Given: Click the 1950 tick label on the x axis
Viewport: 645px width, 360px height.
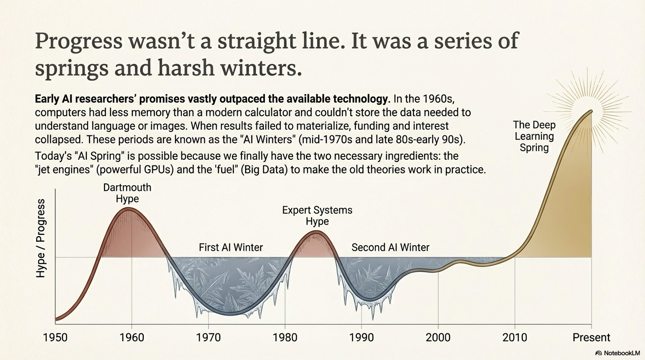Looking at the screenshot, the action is coord(55,337).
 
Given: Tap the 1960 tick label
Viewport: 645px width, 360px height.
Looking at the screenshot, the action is coord(132,337).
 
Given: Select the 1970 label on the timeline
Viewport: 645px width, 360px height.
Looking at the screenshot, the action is coord(208,337).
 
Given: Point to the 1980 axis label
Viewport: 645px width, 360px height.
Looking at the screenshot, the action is coord(285,337).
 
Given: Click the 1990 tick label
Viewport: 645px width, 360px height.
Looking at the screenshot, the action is coord(361,337).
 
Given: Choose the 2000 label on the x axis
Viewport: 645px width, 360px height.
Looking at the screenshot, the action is coord(438,337).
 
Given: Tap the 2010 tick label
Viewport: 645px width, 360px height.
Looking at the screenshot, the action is coord(515,337).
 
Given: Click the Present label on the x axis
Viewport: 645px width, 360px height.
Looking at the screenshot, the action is coord(591,337).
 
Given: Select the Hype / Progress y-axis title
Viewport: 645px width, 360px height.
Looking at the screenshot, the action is coord(41,238).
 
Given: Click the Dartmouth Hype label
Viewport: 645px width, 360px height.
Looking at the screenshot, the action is coord(127,193).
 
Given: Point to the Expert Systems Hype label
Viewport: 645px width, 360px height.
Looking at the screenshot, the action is coord(317,216).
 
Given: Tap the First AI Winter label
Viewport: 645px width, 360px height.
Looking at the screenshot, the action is coord(231,247).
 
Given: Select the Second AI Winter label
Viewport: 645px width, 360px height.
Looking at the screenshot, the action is coord(390,247).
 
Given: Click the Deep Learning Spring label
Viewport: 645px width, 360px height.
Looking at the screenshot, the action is coord(534,136).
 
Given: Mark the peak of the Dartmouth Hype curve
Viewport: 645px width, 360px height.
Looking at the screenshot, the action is coord(127,209).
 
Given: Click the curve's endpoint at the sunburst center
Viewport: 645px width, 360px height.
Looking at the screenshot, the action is coord(592,111).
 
